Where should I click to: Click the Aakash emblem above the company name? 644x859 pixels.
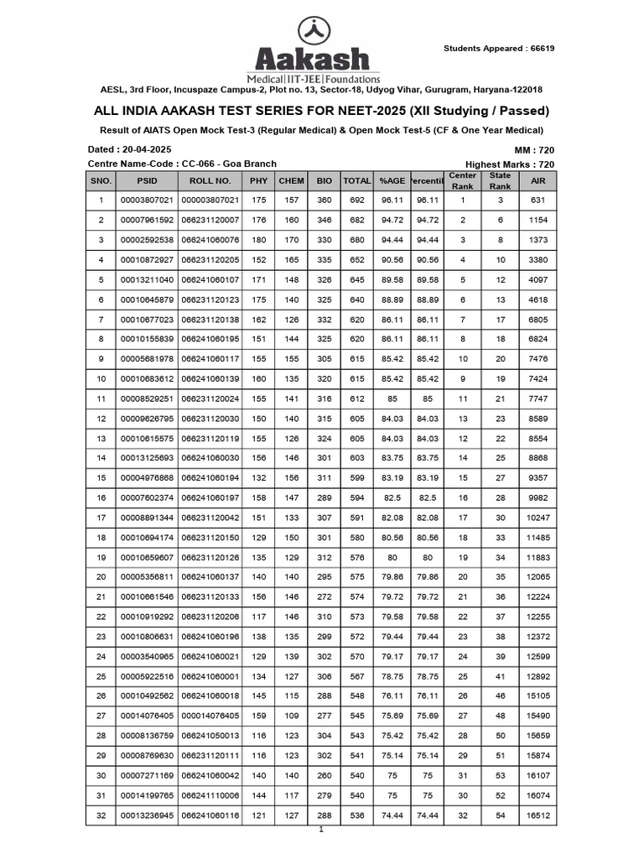(312, 29)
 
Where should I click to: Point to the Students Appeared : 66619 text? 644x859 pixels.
(498, 48)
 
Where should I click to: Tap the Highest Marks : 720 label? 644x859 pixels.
(509, 164)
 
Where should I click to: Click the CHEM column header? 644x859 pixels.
(291, 180)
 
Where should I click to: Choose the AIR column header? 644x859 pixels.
(538, 180)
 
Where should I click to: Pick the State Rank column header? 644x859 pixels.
(500, 180)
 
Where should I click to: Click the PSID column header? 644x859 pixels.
(147, 180)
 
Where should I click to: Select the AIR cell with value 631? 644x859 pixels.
(538, 200)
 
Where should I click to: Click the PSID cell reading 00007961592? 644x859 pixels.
(147, 220)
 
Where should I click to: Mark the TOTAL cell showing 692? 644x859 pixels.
(357, 200)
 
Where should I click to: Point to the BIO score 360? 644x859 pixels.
(324, 200)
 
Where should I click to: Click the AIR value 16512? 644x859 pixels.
(538, 815)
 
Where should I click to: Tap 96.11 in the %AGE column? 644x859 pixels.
(392, 200)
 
